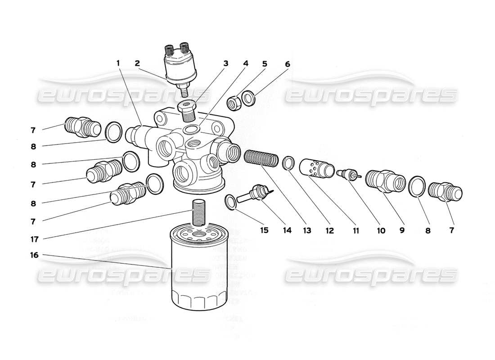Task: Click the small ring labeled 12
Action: tap(289, 163)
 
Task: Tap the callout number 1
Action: tap(118, 63)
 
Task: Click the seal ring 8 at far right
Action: tap(417, 187)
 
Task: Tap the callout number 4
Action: tap(245, 63)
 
